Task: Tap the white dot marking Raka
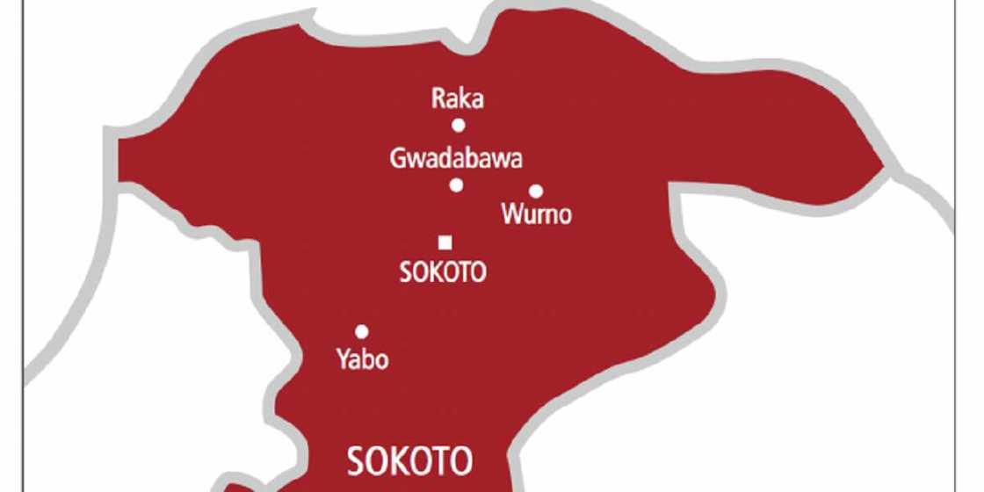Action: tap(458, 125)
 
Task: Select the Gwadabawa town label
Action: tap(456, 159)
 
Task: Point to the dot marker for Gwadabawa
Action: tap(456, 184)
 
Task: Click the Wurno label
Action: tap(536, 213)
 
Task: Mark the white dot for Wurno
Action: tap(535, 191)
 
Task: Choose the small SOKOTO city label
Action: tap(443, 272)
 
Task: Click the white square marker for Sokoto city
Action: tap(445, 242)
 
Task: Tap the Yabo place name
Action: tap(362, 359)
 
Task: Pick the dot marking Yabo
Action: tap(361, 331)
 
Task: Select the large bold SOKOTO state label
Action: tap(410, 459)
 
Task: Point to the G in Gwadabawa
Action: tap(397, 159)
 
